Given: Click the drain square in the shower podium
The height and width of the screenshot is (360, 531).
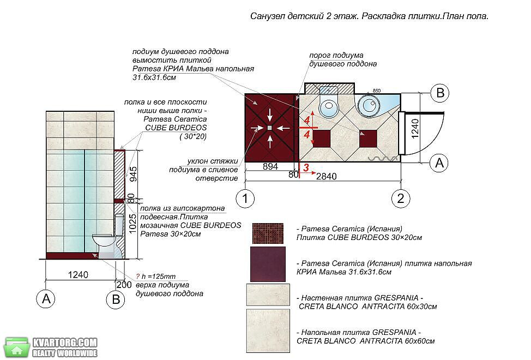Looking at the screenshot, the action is pos(269,128).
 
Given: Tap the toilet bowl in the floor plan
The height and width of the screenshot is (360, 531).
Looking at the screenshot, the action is pos(329,106).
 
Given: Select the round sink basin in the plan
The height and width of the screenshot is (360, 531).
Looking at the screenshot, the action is pos(368,104).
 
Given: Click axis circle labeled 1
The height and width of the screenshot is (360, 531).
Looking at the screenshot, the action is pos(245,198).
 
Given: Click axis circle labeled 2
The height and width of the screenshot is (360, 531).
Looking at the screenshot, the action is pos(401,198).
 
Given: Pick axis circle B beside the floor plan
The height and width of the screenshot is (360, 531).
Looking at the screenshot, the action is pos(439,93).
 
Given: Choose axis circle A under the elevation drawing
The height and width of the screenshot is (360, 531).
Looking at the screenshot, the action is pos(46,299).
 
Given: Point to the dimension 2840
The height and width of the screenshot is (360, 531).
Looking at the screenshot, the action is pos(327,176).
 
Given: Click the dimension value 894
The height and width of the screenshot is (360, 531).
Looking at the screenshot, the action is pos(270,166).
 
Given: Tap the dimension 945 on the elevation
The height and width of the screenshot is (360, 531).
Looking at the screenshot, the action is pos(134,174).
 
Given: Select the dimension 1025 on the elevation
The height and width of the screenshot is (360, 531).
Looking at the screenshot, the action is pos(132,223).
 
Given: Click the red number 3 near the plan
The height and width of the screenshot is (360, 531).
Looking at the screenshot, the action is pos(306,167).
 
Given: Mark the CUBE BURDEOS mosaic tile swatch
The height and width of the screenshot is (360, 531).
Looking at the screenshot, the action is pos(268,233).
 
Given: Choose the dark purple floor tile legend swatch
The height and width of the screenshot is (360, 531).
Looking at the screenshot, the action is pos(268,264).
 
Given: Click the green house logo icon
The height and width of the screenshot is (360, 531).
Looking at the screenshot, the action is pos(16,347).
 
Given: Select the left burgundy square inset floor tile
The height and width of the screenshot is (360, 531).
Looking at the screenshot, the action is pos(321,139).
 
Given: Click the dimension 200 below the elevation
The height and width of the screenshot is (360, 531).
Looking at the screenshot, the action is pos(124,285).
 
